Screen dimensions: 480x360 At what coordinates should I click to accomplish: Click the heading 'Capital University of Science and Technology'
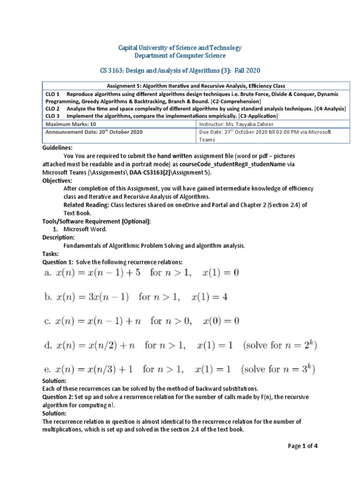point(180,48)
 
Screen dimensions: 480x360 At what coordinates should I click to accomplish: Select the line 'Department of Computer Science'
point(180,56)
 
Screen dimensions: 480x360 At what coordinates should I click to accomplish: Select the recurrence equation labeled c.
point(141,321)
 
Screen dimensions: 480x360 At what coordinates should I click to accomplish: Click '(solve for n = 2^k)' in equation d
point(278,345)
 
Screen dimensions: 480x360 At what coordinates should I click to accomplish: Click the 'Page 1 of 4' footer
point(303,446)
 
